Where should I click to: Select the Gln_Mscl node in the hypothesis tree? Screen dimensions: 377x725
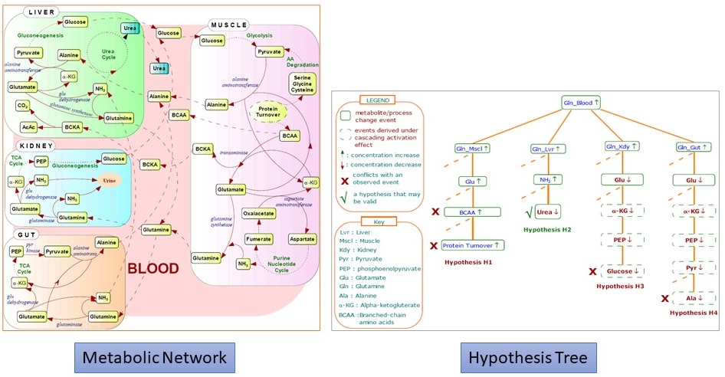coord(471,148)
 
